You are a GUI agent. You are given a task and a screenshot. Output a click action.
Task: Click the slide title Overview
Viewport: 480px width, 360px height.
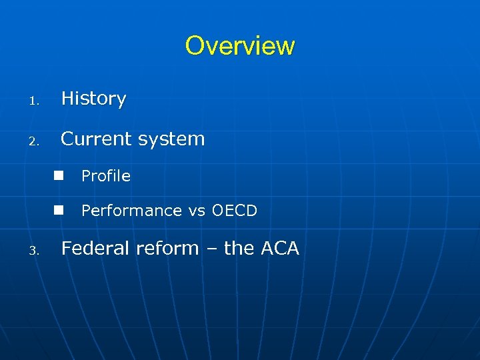239,46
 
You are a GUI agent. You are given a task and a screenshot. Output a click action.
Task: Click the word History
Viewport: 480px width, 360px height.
93,99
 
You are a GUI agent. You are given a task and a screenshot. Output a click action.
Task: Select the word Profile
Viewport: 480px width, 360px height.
105,176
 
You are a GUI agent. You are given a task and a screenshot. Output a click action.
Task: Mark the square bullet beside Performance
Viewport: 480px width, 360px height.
59,210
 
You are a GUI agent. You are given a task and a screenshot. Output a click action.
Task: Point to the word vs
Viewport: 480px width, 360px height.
197,211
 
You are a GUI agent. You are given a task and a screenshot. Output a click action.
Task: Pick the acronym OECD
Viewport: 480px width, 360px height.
234,211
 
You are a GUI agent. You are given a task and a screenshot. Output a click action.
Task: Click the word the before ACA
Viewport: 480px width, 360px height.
238,248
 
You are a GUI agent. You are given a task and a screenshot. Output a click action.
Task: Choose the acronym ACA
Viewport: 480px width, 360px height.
279,248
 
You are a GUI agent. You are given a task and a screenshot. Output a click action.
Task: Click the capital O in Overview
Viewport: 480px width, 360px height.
195,46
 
